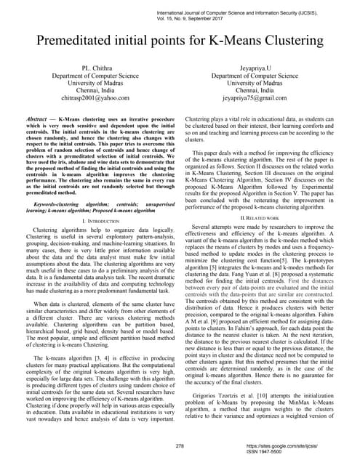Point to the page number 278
180,445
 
